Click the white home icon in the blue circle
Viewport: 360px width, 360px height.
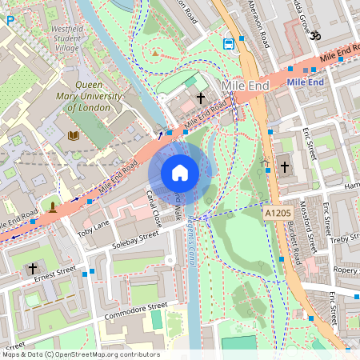(x=180, y=173)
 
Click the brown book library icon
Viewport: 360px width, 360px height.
(x=74, y=135)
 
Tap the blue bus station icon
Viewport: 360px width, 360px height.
(x=229, y=42)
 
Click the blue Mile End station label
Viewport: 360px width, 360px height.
(x=305, y=82)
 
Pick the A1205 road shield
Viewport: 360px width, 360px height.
(x=277, y=214)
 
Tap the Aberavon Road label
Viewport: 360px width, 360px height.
(x=255, y=25)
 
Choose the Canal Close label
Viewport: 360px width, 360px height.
(x=154, y=207)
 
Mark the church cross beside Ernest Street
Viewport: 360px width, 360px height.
(x=33, y=267)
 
